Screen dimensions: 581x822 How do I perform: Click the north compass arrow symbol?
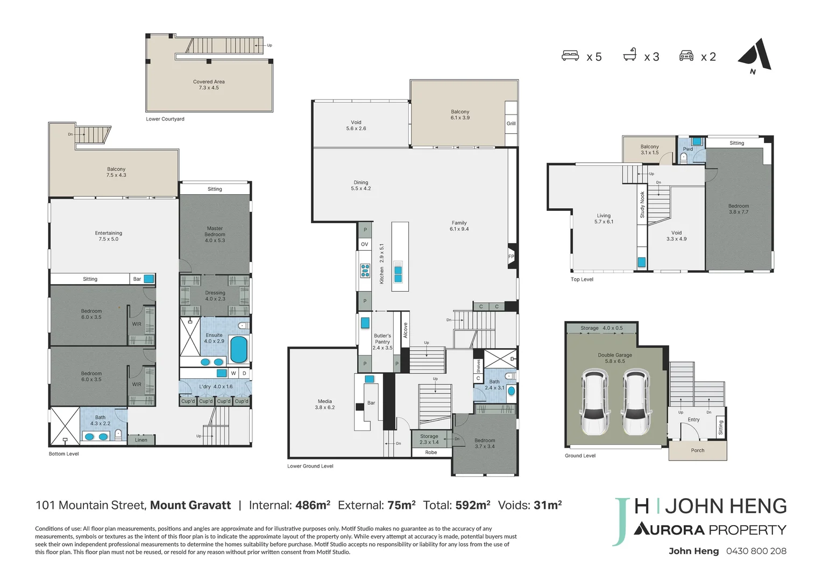[755, 55]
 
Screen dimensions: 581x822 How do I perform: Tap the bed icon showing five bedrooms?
[570, 56]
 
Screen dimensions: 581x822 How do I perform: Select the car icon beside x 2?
[686, 56]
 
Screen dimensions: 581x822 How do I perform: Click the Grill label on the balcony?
[511, 124]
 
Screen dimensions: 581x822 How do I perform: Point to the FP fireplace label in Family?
[511, 257]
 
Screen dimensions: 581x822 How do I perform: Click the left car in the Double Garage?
[595, 402]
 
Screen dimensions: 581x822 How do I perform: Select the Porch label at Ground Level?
[698, 451]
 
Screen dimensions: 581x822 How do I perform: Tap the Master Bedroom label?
[215, 235]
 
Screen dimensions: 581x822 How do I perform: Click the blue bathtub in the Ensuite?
[238, 349]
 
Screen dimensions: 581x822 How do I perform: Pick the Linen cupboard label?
[141, 440]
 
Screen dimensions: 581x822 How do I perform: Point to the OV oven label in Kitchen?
[365, 244]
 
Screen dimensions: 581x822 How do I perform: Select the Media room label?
[325, 405]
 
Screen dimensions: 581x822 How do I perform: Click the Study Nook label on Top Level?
[642, 205]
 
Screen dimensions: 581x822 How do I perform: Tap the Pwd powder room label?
[688, 149]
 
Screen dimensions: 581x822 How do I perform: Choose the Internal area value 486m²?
[313, 506]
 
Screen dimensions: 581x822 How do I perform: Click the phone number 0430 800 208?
[756, 551]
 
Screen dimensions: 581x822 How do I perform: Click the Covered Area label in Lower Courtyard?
[209, 85]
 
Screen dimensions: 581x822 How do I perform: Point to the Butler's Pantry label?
[382, 342]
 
